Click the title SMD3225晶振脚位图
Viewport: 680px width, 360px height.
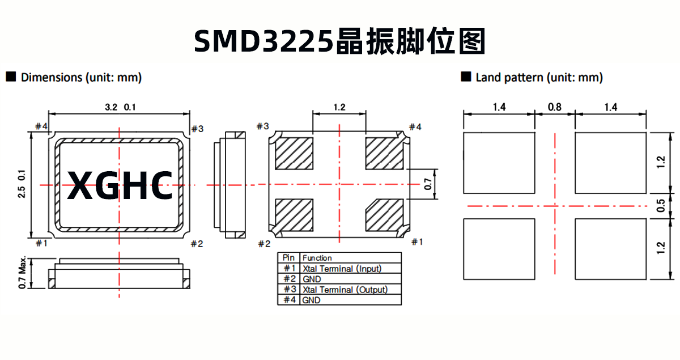tap(340, 41)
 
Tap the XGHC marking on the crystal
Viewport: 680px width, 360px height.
tap(120, 185)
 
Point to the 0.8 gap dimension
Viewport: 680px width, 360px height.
tap(555, 107)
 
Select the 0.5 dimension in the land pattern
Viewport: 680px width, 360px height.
tap(661, 205)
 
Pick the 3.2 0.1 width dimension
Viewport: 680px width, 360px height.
tap(120, 107)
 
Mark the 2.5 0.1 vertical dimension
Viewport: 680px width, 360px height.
tap(22, 184)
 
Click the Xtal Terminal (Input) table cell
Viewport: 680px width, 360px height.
tap(342, 268)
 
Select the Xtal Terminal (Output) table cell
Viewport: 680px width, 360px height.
tap(345, 289)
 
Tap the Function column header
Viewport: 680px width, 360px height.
tap(317, 258)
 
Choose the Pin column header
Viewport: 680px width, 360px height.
tap(289, 258)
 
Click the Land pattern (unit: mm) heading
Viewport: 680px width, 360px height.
tap(539, 78)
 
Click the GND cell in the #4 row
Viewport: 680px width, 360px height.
tap(311, 300)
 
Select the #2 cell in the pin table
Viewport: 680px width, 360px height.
tap(289, 279)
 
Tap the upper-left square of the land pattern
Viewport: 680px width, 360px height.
tap(499, 163)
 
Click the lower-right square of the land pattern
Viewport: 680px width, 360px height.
tap(610, 249)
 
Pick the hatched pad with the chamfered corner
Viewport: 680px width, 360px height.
tap(384, 215)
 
